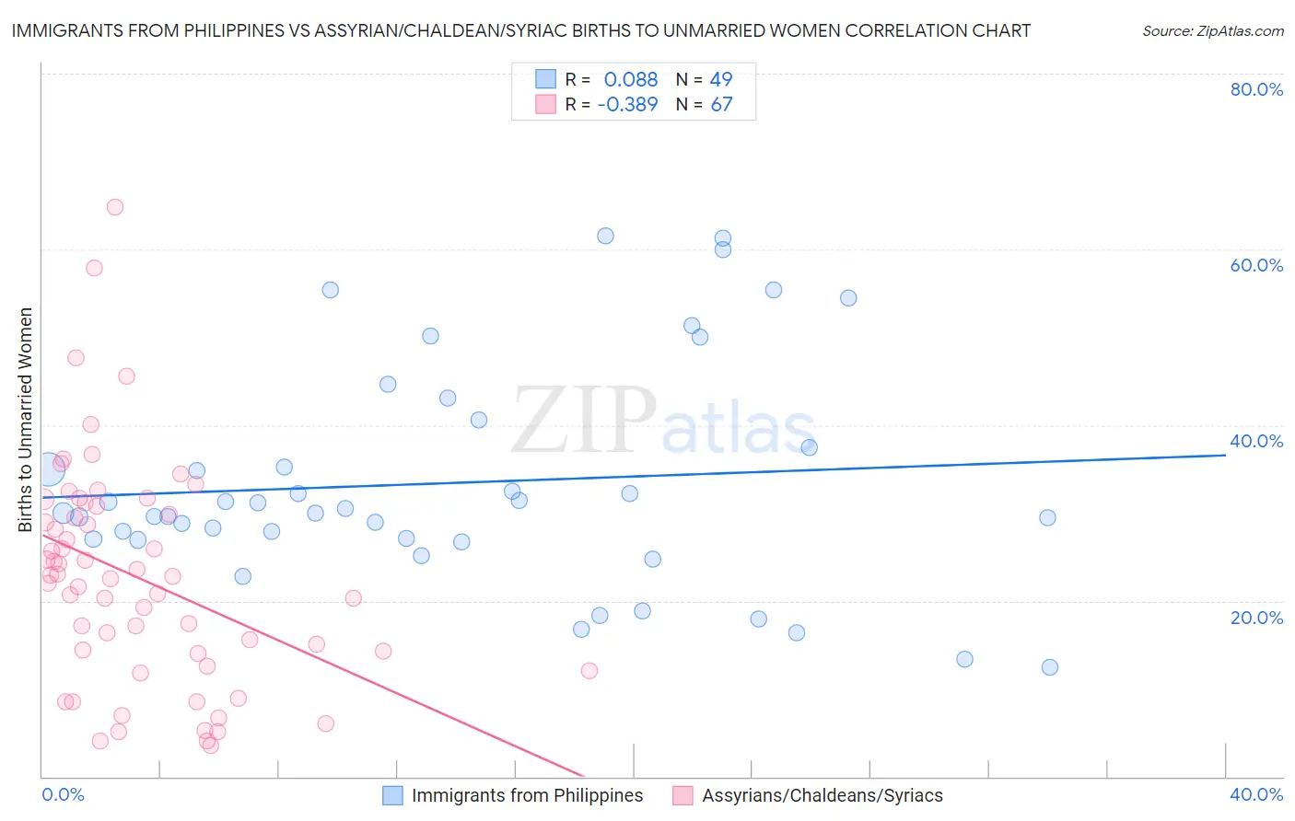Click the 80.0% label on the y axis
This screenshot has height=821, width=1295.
click(1256, 89)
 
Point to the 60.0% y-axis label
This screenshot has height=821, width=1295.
click(1256, 265)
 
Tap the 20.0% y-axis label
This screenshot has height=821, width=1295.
click(1256, 618)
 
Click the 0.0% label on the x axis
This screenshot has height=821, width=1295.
click(63, 794)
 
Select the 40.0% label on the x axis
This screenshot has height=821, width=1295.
click(1256, 794)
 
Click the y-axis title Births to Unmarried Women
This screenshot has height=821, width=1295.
click(26, 420)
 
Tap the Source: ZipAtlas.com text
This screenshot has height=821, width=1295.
click(1212, 30)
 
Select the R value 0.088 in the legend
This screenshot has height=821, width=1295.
click(631, 79)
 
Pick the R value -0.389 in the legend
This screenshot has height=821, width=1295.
click(627, 105)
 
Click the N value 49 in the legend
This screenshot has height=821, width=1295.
click(721, 79)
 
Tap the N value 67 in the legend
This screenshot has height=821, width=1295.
click(721, 105)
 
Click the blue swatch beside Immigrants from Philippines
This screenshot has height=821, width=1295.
click(393, 795)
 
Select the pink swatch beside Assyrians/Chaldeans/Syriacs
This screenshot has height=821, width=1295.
click(682, 795)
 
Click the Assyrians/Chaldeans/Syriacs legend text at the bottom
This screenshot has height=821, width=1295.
click(822, 795)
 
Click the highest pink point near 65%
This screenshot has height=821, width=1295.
click(115, 207)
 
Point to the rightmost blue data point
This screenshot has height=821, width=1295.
click(1050, 667)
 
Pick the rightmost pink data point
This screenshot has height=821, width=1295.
click(589, 670)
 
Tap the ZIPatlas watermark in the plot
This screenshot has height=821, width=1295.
click(663, 421)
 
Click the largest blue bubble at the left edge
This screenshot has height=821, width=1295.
click(50, 468)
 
